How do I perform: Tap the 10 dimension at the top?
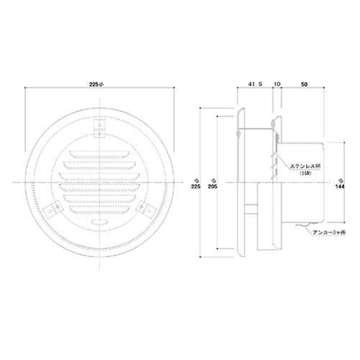276,84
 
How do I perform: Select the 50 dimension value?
305,84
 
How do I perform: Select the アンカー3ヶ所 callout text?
329,233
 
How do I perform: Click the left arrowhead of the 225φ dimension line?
27,90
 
